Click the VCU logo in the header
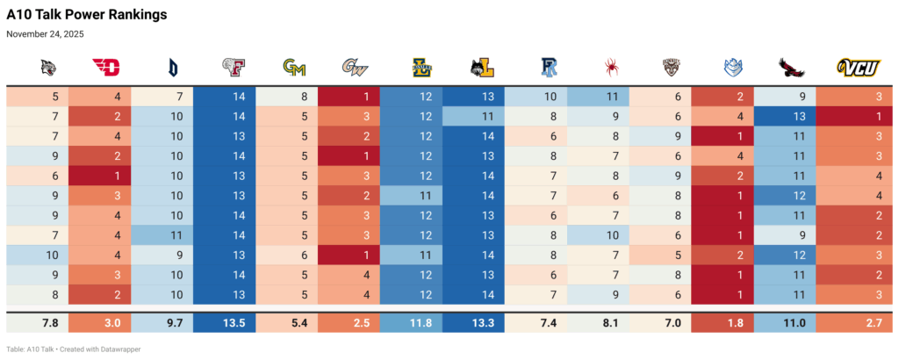[859, 67]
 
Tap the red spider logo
[610, 67]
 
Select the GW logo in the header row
[356, 67]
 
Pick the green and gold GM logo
[293, 67]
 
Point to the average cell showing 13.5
[231, 323]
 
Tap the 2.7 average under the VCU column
[860, 323]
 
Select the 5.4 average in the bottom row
[293, 323]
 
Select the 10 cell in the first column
[53, 255]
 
